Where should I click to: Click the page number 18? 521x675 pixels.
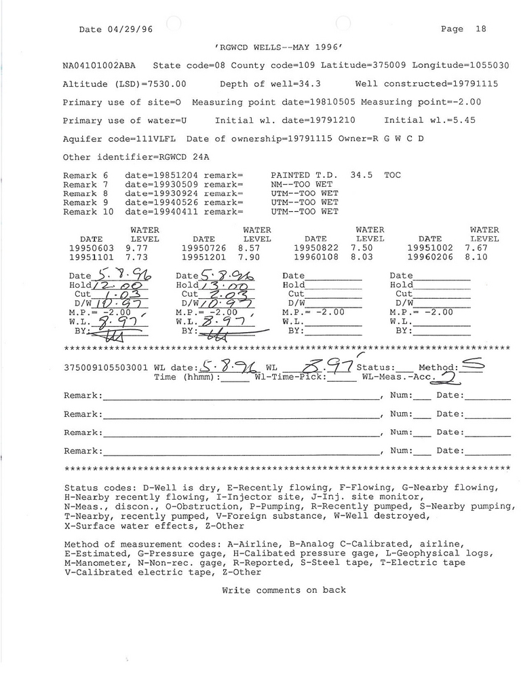[x=480, y=29]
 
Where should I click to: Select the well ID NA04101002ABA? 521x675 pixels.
[x=99, y=66]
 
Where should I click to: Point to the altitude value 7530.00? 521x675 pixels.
[x=165, y=84]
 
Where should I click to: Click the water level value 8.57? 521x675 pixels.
[x=249, y=249]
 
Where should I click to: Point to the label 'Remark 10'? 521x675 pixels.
[x=89, y=212]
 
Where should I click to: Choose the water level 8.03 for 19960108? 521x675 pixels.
[x=362, y=257]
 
